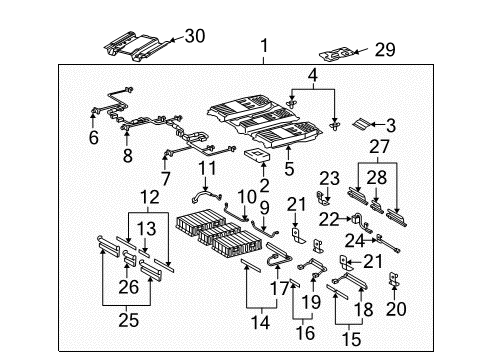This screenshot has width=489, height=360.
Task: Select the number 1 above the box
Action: (265, 45)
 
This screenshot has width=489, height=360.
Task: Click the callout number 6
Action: (93, 139)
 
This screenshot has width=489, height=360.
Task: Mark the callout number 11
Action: (207, 168)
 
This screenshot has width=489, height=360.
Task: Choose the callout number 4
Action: (313, 75)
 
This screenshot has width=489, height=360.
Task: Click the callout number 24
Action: (352, 240)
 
